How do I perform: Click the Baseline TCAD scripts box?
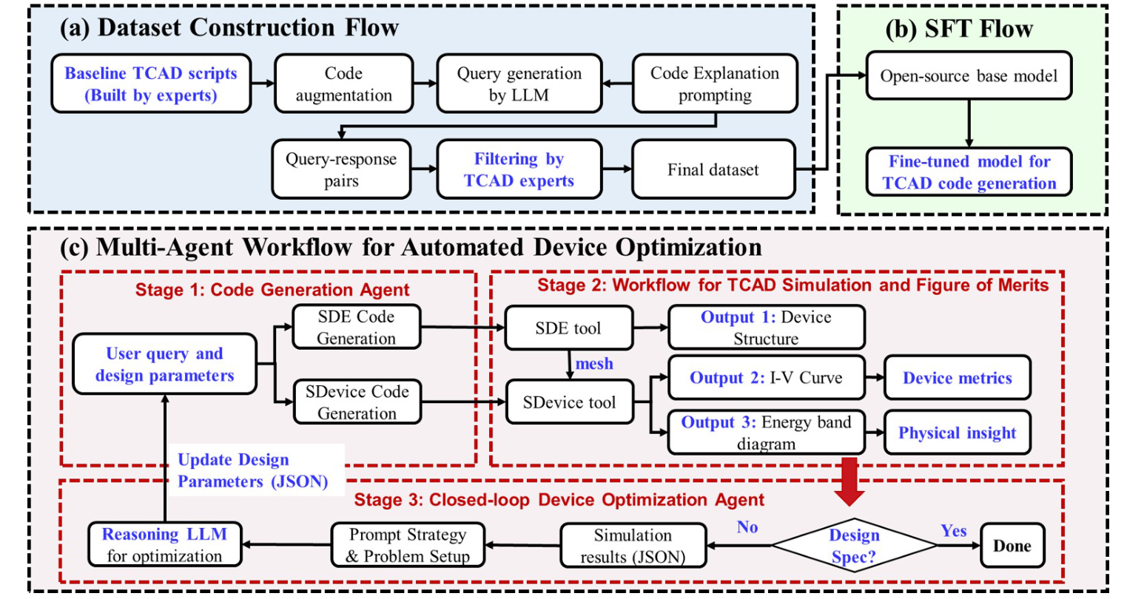coord(151,84)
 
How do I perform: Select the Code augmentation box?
coord(343,84)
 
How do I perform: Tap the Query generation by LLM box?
coord(519,84)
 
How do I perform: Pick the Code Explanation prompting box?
coord(714,84)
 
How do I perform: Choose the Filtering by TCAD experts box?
coord(519,170)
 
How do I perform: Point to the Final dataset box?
coord(713,170)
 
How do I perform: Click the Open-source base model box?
coord(969,76)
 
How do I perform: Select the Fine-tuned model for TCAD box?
coord(969,172)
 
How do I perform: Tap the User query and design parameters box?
coord(164,365)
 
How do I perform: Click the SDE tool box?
coord(568,328)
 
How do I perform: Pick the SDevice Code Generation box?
coord(357,402)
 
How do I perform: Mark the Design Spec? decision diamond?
coord(853,546)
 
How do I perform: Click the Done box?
coord(1012,546)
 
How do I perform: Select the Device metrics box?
coord(957,379)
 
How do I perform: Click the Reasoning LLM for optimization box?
coord(164,545)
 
